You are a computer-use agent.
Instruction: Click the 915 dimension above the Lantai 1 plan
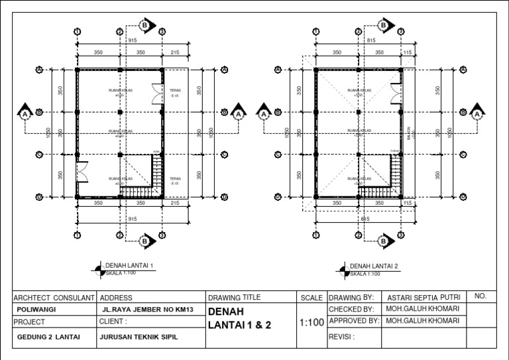[133, 40]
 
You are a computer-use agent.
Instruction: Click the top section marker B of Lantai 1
[144, 25]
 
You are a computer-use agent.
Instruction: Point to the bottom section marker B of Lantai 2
[382, 241]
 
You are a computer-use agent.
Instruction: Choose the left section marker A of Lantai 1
[25, 113]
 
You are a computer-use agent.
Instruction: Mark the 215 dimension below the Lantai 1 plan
[176, 204]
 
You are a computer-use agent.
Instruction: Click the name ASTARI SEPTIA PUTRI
[424, 298]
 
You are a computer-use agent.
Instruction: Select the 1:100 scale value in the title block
[311, 323]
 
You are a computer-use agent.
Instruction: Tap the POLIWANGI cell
[32, 310]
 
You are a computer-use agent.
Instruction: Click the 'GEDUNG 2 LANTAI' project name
[49, 337]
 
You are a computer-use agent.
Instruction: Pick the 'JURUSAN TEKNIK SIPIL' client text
[139, 337]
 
